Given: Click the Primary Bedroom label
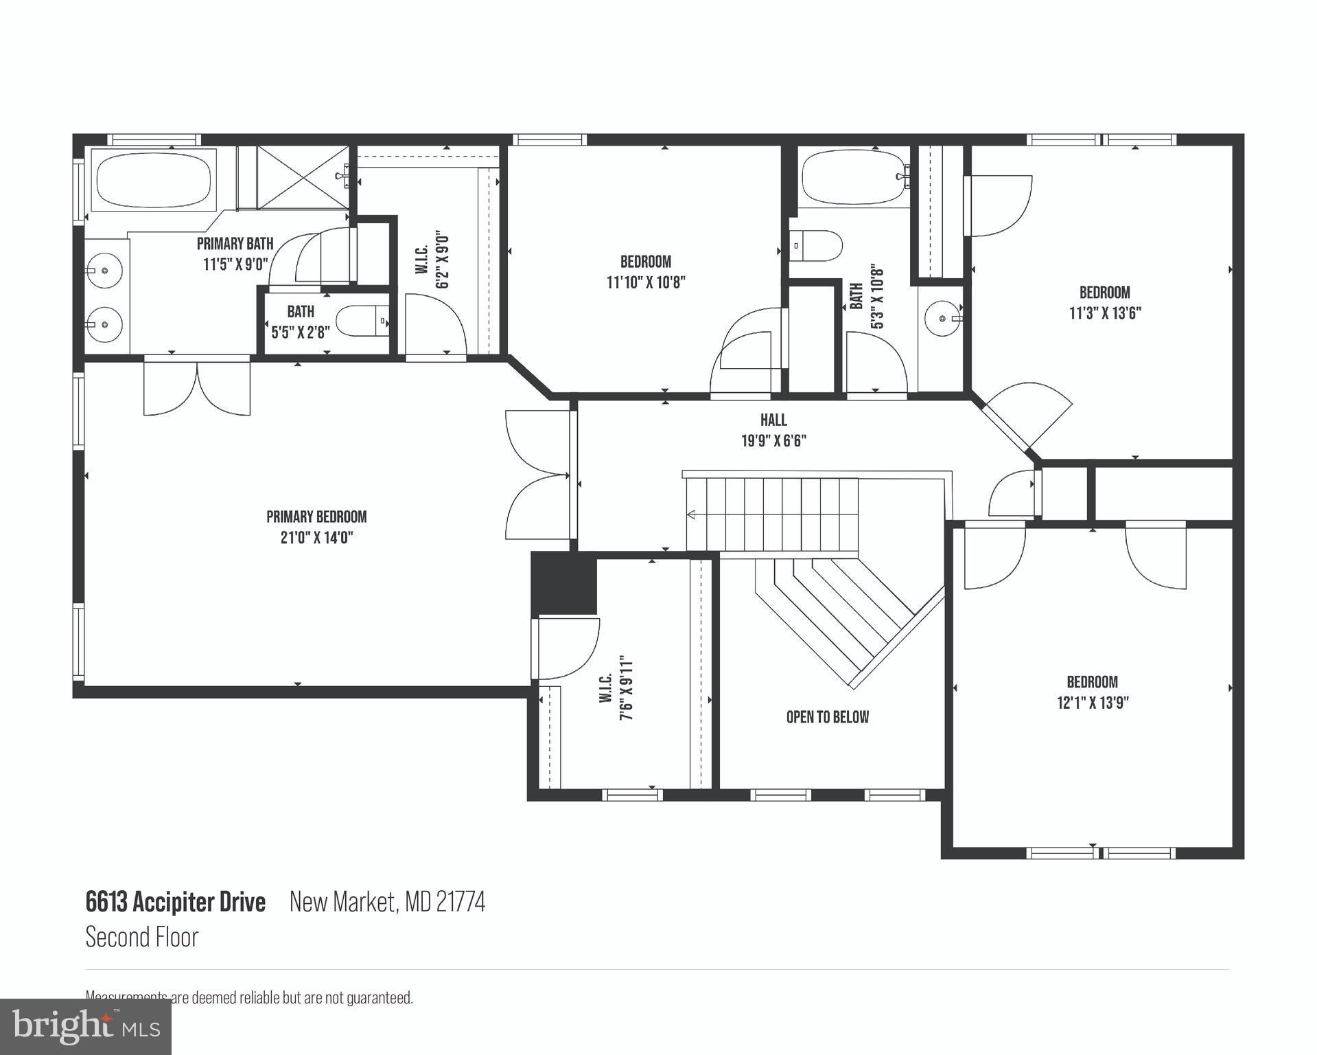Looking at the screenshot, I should click(316, 517).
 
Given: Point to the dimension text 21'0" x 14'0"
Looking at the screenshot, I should click(316, 537).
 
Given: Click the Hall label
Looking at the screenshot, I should click(773, 420).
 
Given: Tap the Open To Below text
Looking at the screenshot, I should click(827, 717).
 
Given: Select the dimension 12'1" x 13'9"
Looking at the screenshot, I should click(1093, 703).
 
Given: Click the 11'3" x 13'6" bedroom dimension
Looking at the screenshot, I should click(1104, 313).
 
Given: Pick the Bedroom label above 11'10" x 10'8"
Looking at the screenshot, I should click(645, 262).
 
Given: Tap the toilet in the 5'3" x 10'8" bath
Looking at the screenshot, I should click(817, 245).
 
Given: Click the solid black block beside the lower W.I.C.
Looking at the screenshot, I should click(564, 583).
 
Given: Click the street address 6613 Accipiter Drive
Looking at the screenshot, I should click(175, 902).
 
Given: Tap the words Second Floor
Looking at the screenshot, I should click(142, 938).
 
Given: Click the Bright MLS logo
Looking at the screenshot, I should click(85, 1027).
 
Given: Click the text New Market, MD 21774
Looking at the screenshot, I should click(387, 902).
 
